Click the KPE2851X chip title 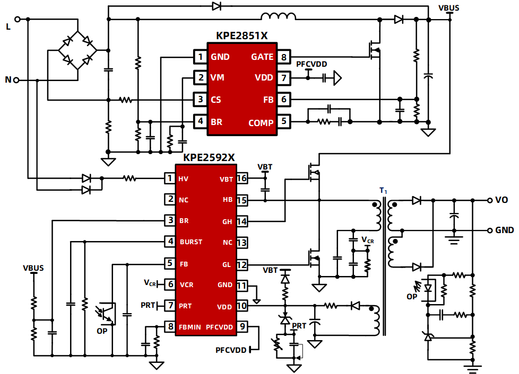[x=241, y=35]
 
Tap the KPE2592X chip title [x=209, y=157]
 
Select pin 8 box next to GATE [x=284, y=57]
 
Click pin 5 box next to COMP [x=284, y=121]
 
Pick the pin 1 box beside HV [x=170, y=179]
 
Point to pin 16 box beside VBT [x=242, y=179]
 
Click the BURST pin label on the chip [x=191, y=242]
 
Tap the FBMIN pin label [x=189, y=327]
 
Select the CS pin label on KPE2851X [x=216, y=99]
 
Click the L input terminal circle [x=17, y=19]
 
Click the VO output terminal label [x=501, y=200]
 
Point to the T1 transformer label [x=383, y=191]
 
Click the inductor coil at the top [x=279, y=16]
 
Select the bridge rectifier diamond [x=78, y=50]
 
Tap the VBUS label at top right [x=449, y=8]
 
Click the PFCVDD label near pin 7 [x=312, y=64]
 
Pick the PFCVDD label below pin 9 [x=231, y=350]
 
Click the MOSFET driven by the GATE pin [x=375, y=49]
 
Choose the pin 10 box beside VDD [x=242, y=306]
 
